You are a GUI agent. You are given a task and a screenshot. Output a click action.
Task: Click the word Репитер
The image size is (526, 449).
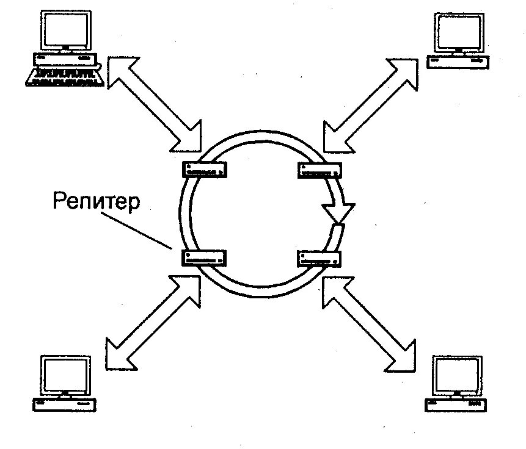point(96,201)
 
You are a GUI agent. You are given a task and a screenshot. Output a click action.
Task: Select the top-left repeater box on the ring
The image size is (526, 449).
point(205,169)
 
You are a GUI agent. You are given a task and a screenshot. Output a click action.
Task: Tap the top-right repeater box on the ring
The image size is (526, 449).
point(319,170)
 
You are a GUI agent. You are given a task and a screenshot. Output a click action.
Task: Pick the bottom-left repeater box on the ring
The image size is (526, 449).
point(205,257)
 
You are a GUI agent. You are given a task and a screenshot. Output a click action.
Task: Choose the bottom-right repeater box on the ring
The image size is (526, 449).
point(319,258)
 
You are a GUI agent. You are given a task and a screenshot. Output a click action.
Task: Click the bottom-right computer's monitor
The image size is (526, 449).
point(456,376)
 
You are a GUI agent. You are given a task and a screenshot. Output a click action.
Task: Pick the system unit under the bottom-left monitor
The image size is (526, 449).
point(64,404)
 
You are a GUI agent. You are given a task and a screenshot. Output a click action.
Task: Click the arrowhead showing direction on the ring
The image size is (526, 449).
point(338,212)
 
